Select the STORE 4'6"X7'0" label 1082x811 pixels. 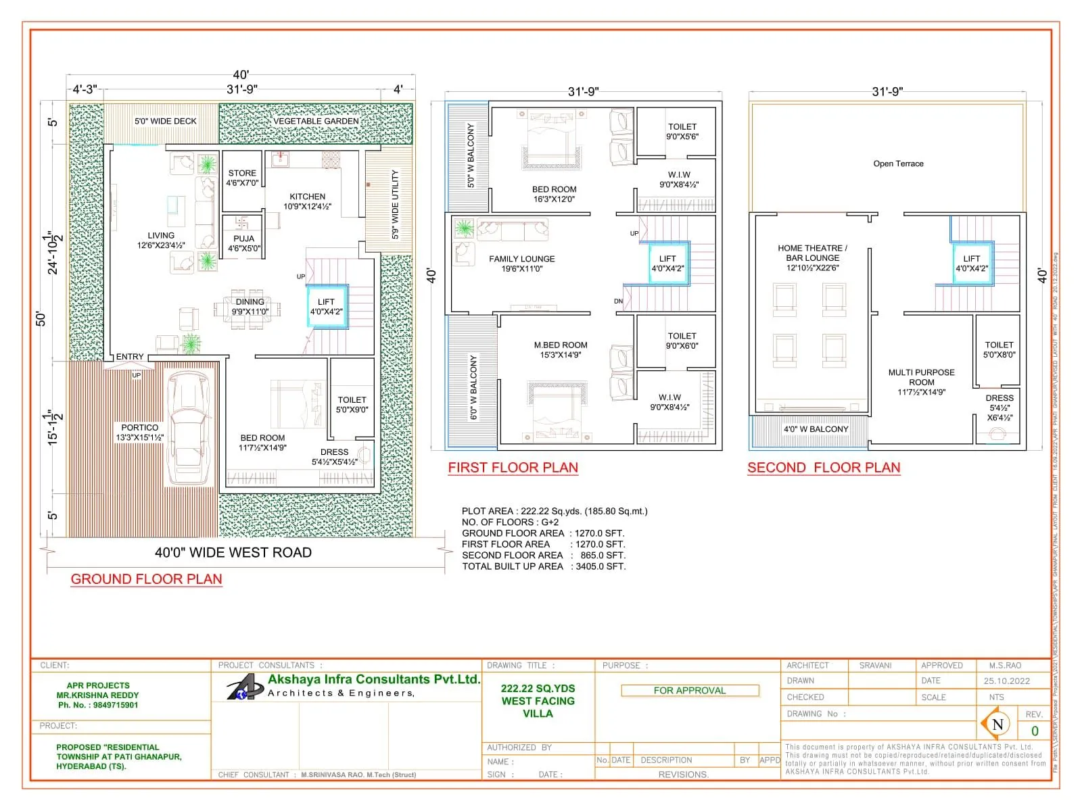point(242,178)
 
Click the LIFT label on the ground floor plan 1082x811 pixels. point(326,307)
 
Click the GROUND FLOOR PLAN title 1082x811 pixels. point(146,579)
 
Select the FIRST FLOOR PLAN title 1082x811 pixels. point(513,468)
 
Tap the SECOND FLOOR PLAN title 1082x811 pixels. point(824,468)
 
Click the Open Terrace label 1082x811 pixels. point(898,164)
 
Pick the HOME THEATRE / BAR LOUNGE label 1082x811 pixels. point(812,257)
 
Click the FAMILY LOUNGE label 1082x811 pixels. point(521,264)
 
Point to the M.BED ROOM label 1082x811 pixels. point(560,349)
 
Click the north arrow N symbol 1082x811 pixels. point(997,724)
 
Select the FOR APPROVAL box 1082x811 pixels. point(690,690)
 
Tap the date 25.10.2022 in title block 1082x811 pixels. point(1006,681)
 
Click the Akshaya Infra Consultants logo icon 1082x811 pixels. point(243,689)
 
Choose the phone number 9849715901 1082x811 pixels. point(115,705)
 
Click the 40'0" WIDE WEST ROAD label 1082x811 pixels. point(233,553)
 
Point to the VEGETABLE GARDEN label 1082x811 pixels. point(316,122)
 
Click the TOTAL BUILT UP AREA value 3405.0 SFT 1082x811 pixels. point(600,566)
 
